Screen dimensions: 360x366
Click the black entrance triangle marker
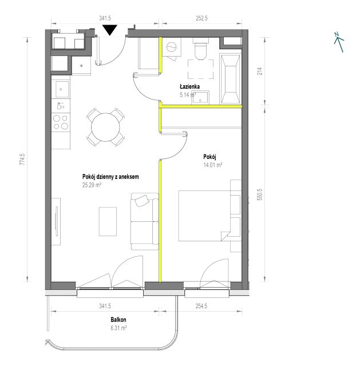pyautogui.click(x=110, y=30)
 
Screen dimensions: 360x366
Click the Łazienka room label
pyautogui.click(x=189, y=86)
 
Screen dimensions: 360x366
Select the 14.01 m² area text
pyautogui.click(x=212, y=165)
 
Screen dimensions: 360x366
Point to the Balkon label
pyautogui.click(x=118, y=320)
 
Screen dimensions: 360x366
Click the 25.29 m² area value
pyautogui.click(x=92, y=185)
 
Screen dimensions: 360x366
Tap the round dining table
pyautogui.click(x=105, y=127)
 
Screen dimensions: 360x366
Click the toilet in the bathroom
pyautogui.click(x=201, y=49)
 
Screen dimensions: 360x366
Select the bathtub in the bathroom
pyautogui.click(x=231, y=79)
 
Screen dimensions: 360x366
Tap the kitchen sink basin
pyautogui.click(x=62, y=89)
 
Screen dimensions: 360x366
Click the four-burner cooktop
pyautogui.click(x=61, y=122)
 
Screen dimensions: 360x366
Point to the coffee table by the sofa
pyautogui.click(x=108, y=221)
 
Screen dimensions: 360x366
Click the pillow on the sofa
pyautogui.click(x=142, y=201)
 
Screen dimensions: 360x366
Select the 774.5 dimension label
pyautogui.click(x=22, y=160)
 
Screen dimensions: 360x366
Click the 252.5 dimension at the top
pyautogui.click(x=201, y=18)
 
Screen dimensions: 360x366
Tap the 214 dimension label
pyautogui.click(x=259, y=71)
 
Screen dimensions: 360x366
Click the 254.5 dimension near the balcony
pyautogui.click(x=201, y=306)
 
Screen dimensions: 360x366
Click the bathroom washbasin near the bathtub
pyautogui.click(x=200, y=98)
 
